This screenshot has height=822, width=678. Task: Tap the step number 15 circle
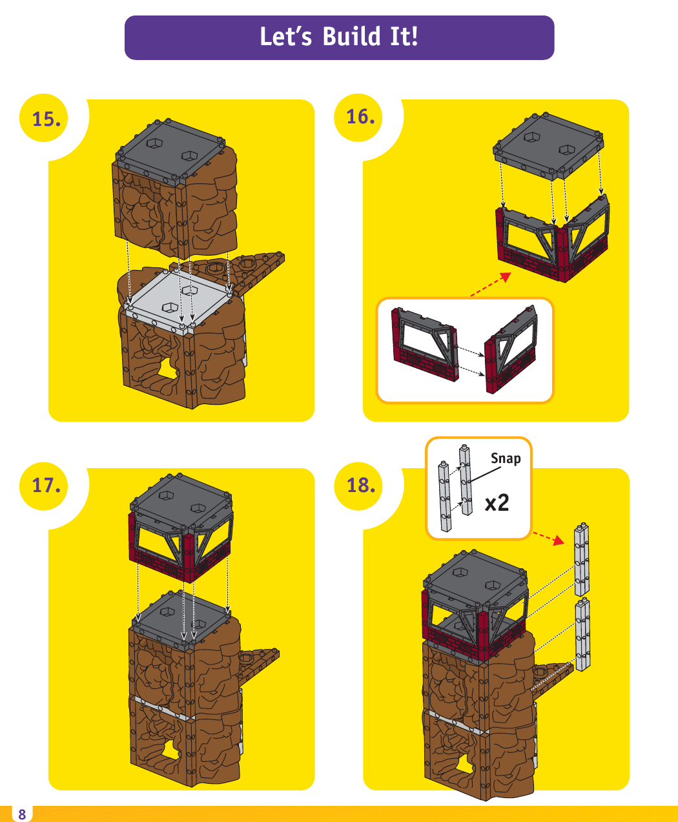46,119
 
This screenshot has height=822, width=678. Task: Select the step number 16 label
360,117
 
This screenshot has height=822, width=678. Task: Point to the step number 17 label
46,485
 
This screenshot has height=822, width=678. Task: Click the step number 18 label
360,485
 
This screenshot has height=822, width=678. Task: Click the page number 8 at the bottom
22,814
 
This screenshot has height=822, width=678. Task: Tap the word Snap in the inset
506,458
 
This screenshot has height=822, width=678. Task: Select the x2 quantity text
497,502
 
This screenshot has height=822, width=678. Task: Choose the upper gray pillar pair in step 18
582,560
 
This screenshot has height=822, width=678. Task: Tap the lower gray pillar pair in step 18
583,636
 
